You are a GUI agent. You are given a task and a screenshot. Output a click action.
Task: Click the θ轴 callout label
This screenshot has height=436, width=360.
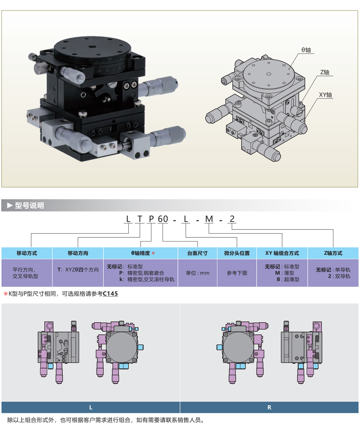306,50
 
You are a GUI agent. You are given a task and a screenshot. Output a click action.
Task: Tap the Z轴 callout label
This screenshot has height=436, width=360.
325,72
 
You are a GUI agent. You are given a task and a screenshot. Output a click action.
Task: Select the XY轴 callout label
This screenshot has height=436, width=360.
325,95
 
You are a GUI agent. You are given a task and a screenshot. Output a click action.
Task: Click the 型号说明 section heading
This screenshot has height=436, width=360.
29,206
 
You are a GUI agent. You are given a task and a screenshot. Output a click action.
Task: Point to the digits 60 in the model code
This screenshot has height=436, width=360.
163,219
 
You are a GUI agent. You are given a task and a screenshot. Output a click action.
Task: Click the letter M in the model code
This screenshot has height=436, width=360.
209,219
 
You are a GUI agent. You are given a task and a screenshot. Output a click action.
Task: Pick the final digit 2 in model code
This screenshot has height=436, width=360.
232,219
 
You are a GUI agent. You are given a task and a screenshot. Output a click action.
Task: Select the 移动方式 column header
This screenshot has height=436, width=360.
27,253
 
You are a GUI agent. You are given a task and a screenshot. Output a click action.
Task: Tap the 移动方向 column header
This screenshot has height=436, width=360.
78,253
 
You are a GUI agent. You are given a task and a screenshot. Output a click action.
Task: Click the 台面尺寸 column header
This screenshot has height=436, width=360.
197,253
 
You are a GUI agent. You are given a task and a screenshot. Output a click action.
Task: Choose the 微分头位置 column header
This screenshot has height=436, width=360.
237,253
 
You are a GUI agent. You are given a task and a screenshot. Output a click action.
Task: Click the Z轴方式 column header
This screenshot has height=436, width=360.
333,253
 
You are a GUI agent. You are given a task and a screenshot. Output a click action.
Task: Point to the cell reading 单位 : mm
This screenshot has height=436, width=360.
197,273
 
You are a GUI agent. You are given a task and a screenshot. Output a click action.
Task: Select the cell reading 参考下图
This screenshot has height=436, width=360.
237,273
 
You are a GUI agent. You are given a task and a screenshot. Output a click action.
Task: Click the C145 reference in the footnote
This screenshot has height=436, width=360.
110,294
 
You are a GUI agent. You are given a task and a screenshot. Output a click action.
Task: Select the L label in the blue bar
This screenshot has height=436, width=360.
91,407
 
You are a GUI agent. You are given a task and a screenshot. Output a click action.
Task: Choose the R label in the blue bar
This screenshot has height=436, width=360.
269,407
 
